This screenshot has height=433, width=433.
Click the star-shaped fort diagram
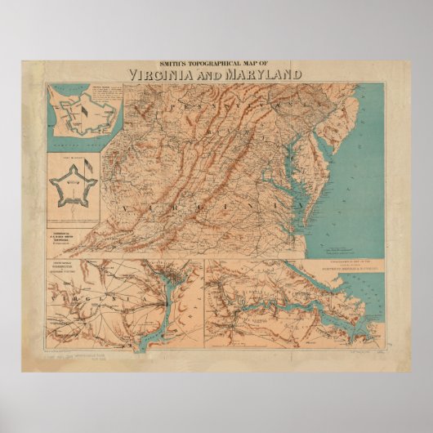[73, 184]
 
